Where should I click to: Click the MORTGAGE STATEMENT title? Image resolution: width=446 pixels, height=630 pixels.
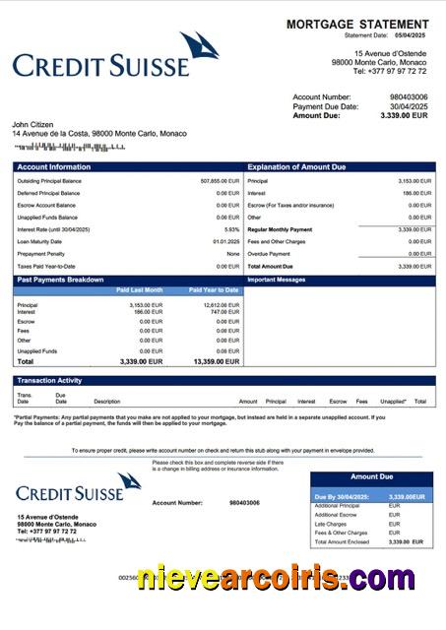pyautogui.click(x=357, y=24)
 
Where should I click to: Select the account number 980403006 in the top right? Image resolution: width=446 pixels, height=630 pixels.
pyautogui.click(x=409, y=97)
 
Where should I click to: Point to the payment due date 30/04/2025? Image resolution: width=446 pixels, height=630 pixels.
pyautogui.click(x=408, y=106)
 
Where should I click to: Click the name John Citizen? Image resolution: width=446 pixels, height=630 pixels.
pyautogui.click(x=35, y=124)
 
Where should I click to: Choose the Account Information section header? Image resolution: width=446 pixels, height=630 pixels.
pyautogui.click(x=54, y=167)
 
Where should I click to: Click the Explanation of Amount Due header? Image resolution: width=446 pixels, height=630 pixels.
pyautogui.click(x=296, y=167)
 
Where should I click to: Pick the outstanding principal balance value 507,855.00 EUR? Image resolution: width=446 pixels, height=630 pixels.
pyautogui.click(x=220, y=181)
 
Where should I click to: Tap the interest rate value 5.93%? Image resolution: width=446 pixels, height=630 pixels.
pyautogui.click(x=231, y=228)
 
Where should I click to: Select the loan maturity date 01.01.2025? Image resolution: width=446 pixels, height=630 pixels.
pyautogui.click(x=225, y=241)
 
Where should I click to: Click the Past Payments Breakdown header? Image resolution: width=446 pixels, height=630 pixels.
pyautogui.click(x=60, y=280)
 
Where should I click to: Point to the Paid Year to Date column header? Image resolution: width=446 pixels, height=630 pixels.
pyautogui.click(x=214, y=290)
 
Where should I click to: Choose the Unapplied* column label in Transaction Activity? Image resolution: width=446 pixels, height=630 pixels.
pyautogui.click(x=393, y=402)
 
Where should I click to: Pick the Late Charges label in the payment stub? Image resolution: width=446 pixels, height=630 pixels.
pyautogui.click(x=329, y=524)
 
